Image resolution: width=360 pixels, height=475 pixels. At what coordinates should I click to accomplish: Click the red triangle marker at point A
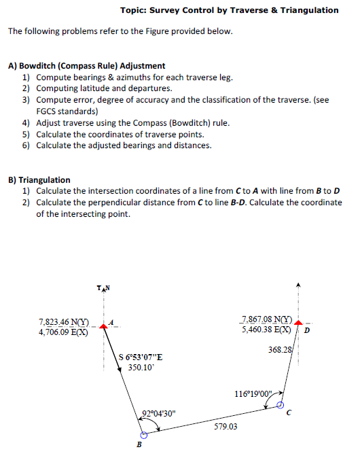click(103, 326)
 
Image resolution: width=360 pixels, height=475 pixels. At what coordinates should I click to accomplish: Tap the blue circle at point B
click(143, 436)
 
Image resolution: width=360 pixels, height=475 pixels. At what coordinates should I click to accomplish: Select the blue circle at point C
click(280, 405)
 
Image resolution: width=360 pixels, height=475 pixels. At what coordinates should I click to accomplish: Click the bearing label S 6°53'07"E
click(140, 357)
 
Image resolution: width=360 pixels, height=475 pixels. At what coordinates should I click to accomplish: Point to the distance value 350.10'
click(141, 368)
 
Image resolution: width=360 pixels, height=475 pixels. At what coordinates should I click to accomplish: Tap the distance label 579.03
click(226, 426)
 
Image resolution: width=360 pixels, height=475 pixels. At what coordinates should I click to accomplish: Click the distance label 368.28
click(280, 349)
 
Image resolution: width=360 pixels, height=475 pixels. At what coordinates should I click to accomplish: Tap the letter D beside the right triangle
click(306, 331)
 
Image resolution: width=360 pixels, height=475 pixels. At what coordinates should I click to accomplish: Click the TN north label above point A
click(103, 290)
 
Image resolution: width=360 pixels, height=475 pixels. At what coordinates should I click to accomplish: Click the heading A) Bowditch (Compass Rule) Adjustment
click(86, 66)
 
